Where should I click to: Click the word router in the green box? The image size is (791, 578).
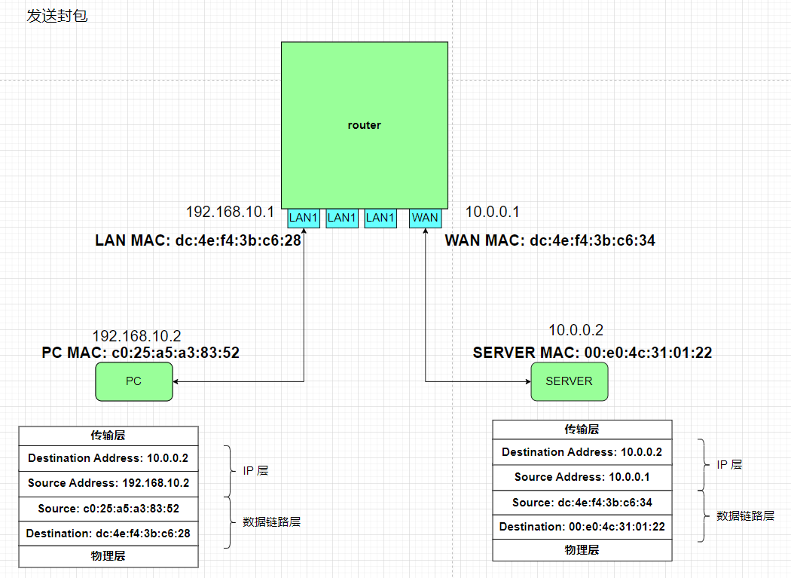click(x=365, y=125)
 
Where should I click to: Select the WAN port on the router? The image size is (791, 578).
click(x=425, y=218)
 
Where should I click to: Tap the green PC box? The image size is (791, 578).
click(x=133, y=381)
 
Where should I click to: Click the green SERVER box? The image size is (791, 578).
click(x=569, y=381)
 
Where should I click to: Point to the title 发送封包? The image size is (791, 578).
click(x=57, y=16)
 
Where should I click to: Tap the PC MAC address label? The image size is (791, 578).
click(x=141, y=352)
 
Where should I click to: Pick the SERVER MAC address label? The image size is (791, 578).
click(x=592, y=352)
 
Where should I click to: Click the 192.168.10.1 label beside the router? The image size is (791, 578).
click(x=231, y=212)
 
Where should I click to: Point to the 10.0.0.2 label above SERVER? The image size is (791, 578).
click(x=576, y=330)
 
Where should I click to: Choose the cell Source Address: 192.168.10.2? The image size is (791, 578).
click(x=108, y=483)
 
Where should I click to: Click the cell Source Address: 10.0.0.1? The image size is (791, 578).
click(x=582, y=477)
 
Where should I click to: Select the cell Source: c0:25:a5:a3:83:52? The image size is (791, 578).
click(x=108, y=508)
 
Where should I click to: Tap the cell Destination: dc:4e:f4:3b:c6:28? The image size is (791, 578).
click(x=108, y=534)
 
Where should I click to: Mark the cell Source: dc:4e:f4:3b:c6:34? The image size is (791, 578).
click(x=582, y=502)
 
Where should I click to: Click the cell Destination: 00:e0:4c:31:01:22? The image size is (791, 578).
click(x=582, y=527)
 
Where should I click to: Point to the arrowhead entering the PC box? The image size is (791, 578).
click(x=176, y=381)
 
